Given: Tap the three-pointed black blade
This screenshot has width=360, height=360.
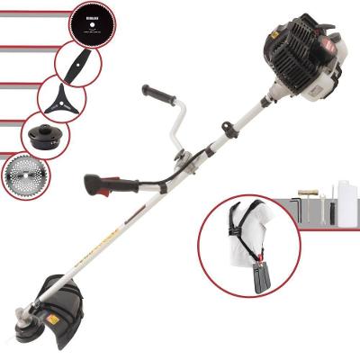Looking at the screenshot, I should click(61, 98).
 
